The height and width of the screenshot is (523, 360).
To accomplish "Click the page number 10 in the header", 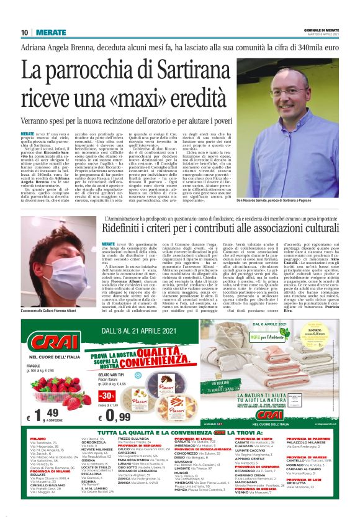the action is (x=24, y=32).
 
